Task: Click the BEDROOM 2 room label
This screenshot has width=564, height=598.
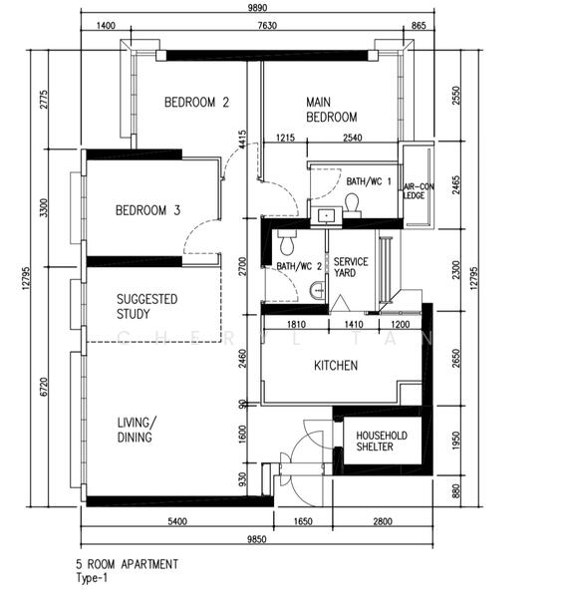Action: pos(196,103)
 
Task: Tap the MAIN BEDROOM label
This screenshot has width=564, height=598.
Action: pos(332,110)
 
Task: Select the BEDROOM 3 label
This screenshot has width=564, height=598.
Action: pos(147,210)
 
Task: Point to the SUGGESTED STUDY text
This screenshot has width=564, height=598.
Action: pos(147,306)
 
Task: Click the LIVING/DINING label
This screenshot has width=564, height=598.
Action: pos(137,430)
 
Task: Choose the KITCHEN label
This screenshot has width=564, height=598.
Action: pos(336,366)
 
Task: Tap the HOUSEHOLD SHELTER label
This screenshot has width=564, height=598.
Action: pos(382,441)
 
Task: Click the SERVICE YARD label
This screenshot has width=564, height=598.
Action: pos(351,267)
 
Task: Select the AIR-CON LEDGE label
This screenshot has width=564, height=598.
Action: pos(419,190)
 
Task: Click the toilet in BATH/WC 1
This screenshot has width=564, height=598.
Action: pos(353,203)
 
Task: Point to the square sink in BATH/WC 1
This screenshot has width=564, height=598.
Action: pos(326,216)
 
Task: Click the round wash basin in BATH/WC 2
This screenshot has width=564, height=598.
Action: pos(318,291)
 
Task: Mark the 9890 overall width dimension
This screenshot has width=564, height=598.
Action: pos(257,7)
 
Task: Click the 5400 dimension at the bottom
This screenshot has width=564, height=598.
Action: pos(177,521)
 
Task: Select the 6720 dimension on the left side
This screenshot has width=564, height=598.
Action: pos(44,387)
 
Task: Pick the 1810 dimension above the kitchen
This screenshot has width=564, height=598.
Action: pos(296,324)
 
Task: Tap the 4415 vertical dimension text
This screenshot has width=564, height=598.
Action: pos(242,141)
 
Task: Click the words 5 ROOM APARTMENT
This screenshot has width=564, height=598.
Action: pos(127,564)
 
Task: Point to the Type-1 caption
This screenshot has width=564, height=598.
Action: pos(92,578)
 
